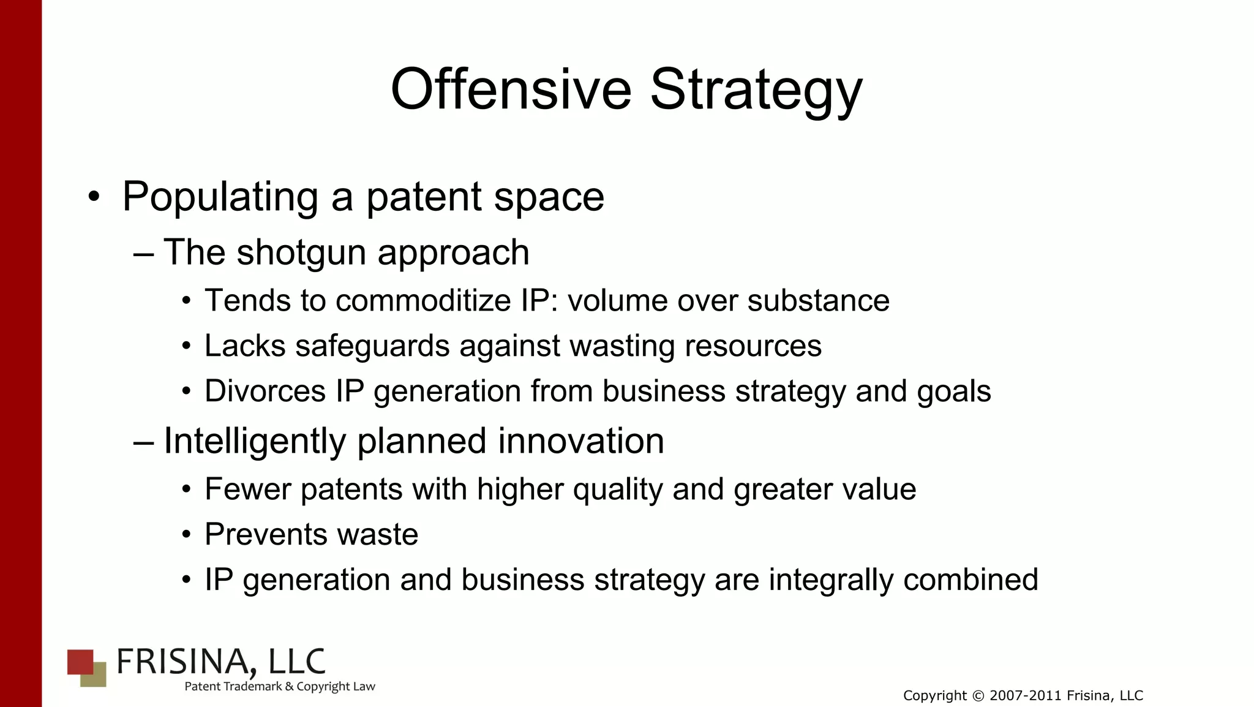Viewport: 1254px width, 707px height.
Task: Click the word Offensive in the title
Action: [x=511, y=89]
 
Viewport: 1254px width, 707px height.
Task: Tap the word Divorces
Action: [x=265, y=391]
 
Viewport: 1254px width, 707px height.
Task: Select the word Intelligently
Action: [x=255, y=441]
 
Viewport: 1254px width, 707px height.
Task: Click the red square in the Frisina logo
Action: [x=79, y=660]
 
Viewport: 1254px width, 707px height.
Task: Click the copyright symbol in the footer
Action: [x=978, y=696]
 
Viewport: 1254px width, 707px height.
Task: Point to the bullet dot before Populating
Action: [x=93, y=197]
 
